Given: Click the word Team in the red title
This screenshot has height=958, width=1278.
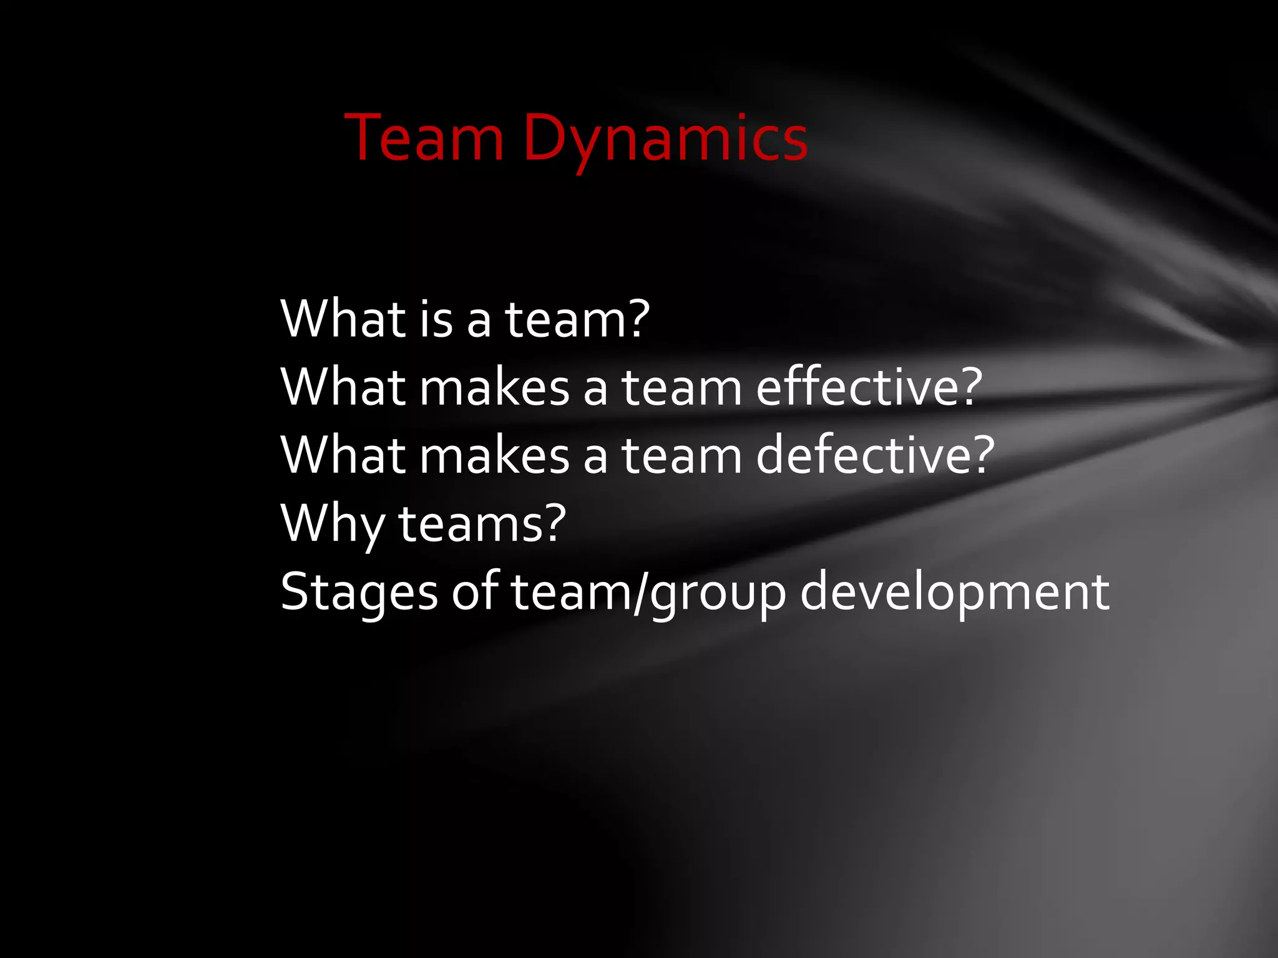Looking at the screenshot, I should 424,138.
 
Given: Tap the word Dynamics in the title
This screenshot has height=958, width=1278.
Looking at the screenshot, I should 665,138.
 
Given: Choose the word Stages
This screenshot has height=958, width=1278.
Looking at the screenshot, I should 359,592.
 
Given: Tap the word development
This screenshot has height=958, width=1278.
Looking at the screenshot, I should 954,592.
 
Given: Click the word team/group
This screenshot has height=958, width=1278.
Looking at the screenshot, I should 648,592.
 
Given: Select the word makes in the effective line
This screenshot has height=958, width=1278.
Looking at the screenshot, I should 494,387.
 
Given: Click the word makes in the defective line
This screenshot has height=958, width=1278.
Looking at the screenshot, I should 494,455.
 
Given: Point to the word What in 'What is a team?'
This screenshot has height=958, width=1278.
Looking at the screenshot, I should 343,319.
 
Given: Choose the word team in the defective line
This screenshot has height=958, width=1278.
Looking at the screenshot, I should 681,455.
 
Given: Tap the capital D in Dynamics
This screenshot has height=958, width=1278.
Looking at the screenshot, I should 545,138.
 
